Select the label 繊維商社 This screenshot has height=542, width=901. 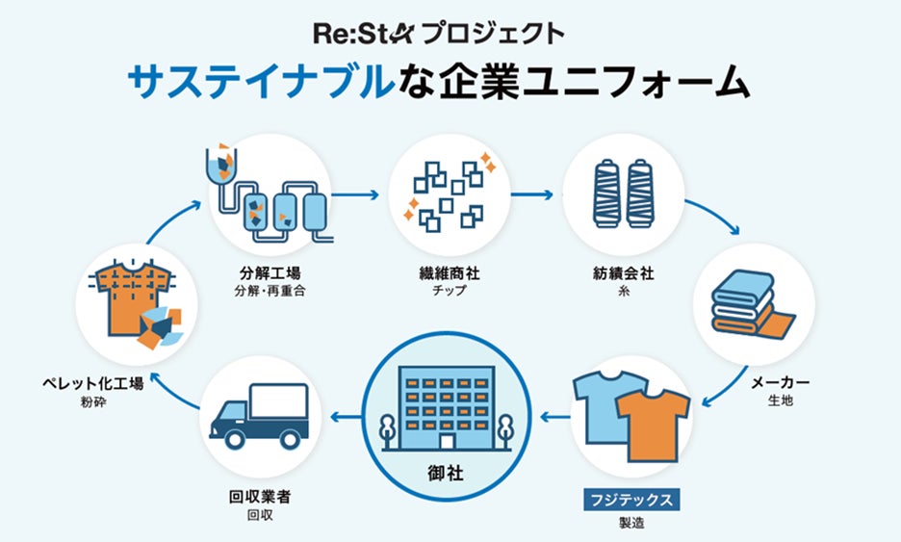click(450, 273)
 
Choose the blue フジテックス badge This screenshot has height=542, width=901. click(632, 500)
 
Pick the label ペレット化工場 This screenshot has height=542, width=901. click(94, 383)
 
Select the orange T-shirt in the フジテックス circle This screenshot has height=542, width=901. click(653, 425)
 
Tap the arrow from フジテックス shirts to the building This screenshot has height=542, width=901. click(553, 416)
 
